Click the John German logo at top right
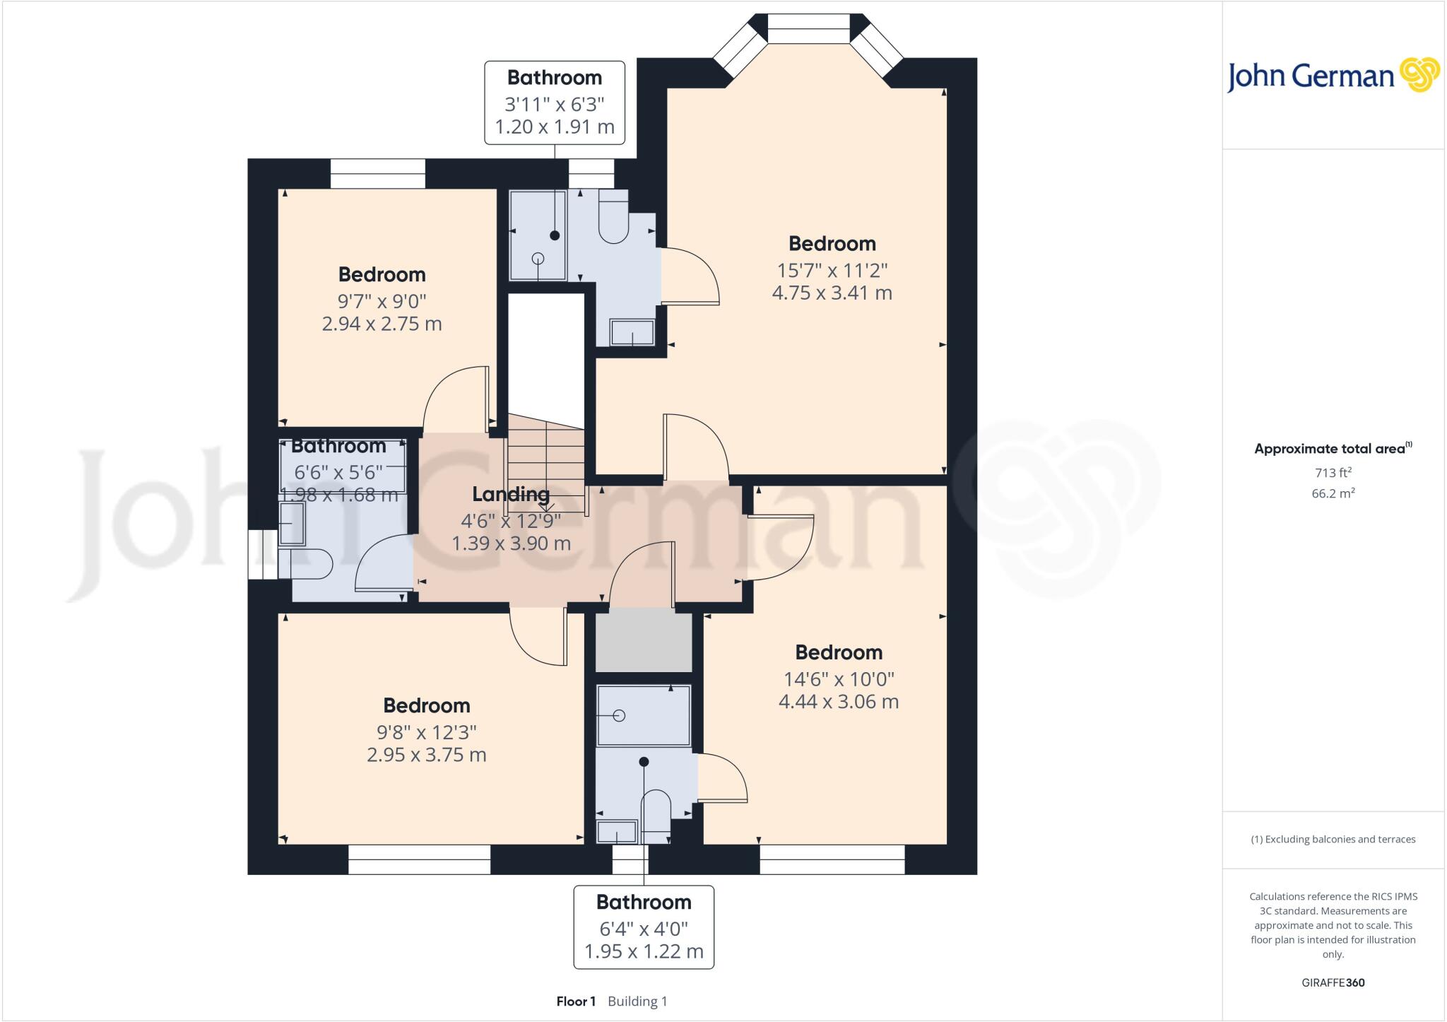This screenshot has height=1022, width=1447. click(1333, 76)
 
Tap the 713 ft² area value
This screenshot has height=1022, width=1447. click(1333, 472)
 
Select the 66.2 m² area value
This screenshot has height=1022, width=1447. click(1333, 493)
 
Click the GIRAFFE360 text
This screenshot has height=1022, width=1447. click(1333, 982)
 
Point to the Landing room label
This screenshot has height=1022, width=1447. click(510, 494)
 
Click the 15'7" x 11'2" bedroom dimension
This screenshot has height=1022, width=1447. click(832, 270)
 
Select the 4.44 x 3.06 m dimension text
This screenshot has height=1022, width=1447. click(838, 702)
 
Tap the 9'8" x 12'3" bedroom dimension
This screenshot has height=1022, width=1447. click(426, 732)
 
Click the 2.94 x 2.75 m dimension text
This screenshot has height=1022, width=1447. click(382, 324)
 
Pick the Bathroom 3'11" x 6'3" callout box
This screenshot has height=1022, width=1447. click(554, 102)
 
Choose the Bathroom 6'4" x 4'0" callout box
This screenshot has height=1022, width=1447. click(643, 927)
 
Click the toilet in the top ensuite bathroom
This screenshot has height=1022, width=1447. click(613, 219)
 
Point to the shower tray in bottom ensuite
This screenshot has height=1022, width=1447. click(643, 715)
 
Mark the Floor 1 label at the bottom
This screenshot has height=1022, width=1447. click(576, 1002)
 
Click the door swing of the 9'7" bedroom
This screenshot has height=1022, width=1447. click(456, 399)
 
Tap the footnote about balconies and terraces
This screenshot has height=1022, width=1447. click(1333, 840)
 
